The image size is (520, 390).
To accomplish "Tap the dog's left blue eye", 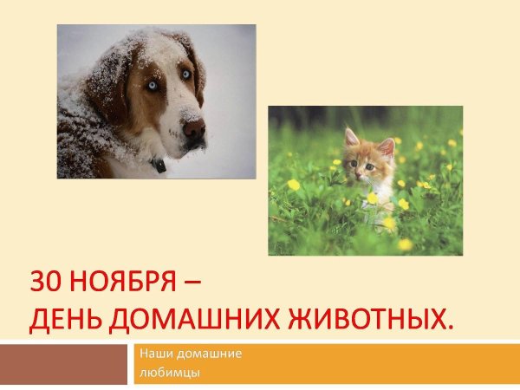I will tap(153, 86).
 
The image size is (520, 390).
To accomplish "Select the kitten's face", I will tap(367, 162).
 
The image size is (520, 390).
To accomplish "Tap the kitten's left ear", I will tap(351, 137).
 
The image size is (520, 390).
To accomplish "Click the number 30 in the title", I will tap(44, 283).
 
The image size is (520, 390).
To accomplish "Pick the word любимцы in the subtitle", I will tap(169, 373).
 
